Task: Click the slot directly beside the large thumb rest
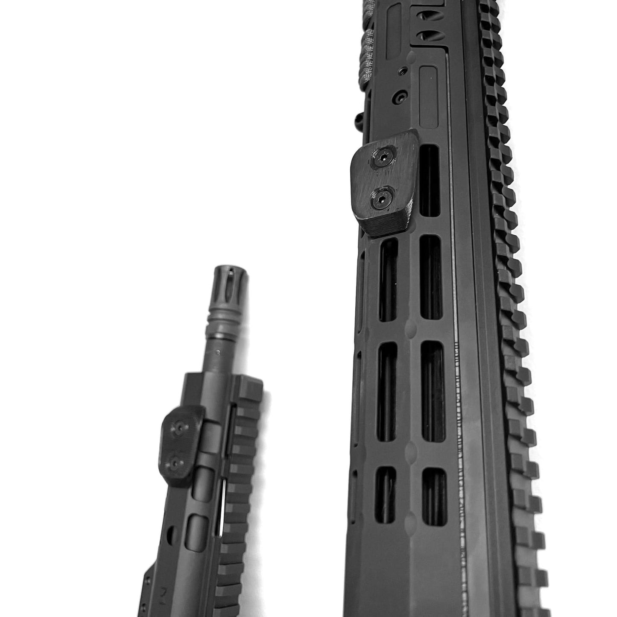click(x=429, y=179)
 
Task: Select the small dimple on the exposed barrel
click(x=219, y=353)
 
